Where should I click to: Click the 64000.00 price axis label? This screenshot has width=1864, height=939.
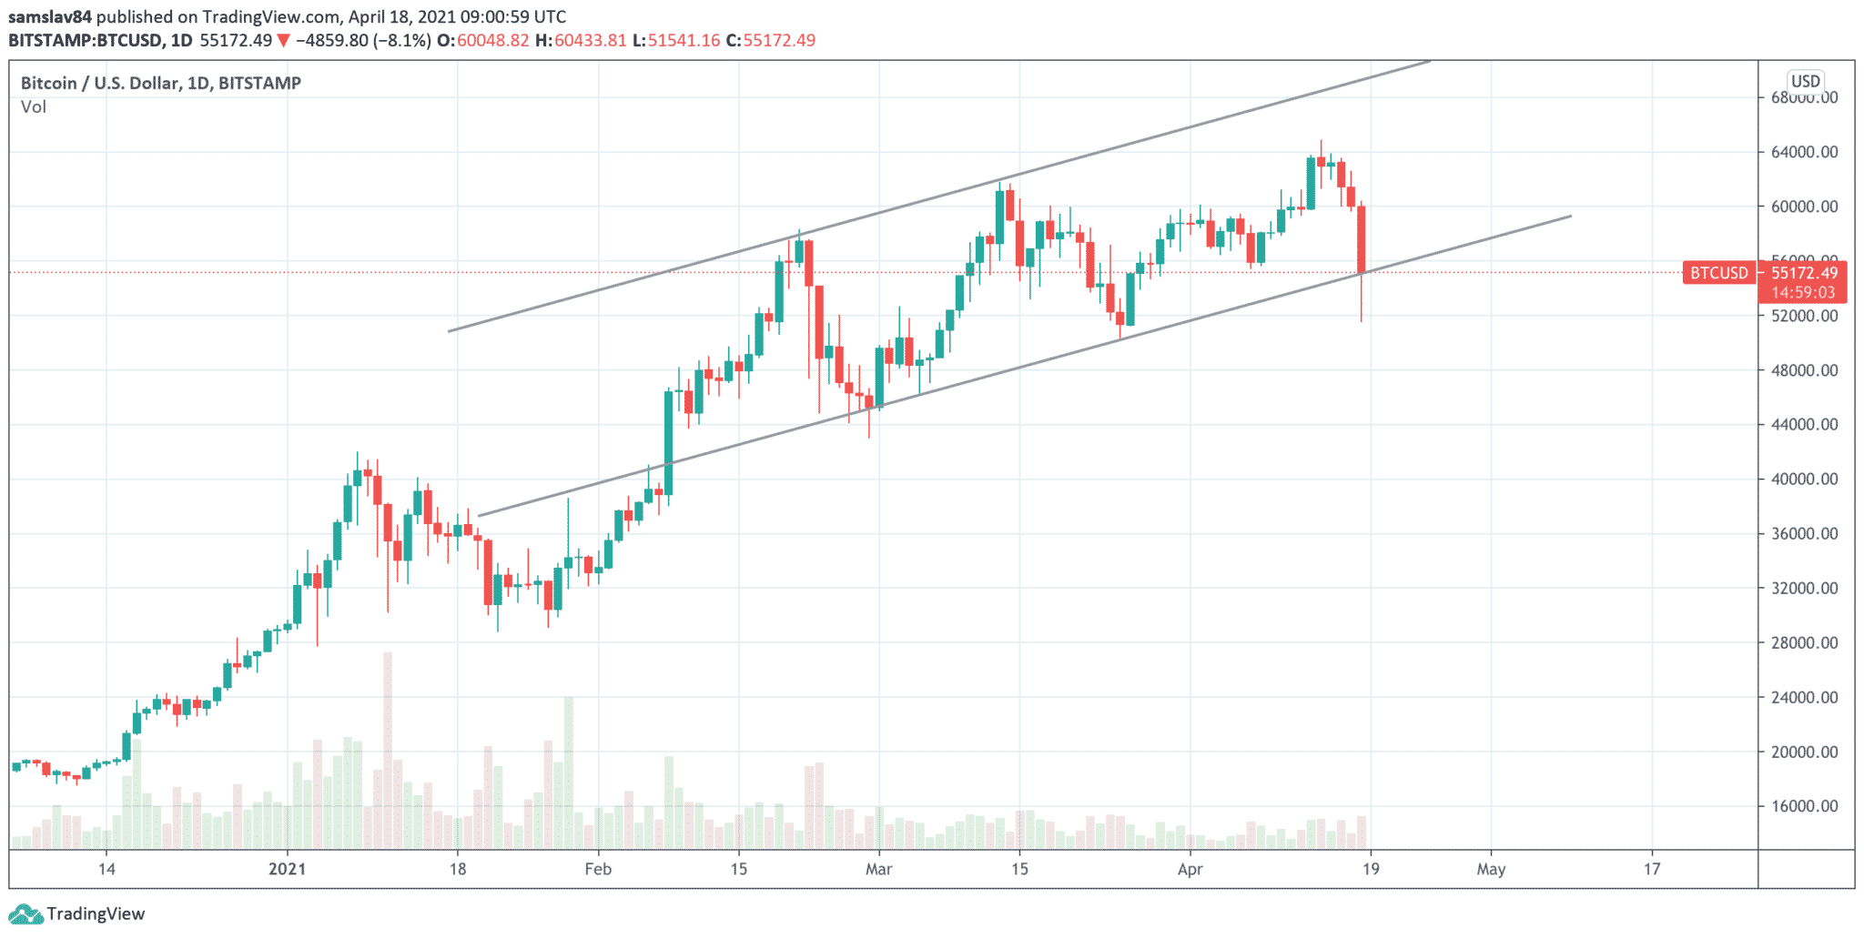(x=1804, y=152)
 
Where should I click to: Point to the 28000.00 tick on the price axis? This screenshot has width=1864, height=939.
(x=1804, y=642)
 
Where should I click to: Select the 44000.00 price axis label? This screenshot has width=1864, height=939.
(x=1804, y=424)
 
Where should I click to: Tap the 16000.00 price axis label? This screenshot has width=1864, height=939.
(x=1804, y=806)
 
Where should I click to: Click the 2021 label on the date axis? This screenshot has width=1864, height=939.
(x=288, y=869)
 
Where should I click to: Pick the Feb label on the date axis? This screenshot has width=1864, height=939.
(x=598, y=869)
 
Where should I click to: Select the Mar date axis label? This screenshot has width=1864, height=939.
(x=878, y=869)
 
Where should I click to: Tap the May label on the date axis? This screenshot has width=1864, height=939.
(x=1491, y=869)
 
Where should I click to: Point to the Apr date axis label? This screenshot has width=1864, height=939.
(x=1190, y=869)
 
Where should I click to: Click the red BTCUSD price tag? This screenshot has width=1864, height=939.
(x=1718, y=273)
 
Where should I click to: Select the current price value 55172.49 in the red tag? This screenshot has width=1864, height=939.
(x=1804, y=273)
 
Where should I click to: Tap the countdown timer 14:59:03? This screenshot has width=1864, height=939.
(x=1803, y=293)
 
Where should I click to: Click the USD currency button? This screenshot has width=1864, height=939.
(x=1806, y=81)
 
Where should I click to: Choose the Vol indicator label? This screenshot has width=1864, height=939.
(x=34, y=107)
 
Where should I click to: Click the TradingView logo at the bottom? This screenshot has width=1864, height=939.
(x=76, y=914)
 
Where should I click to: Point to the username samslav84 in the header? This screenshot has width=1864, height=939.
(x=50, y=16)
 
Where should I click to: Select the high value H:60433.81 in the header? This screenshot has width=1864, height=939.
(x=581, y=40)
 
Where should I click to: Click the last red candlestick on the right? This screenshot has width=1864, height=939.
(x=1362, y=238)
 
